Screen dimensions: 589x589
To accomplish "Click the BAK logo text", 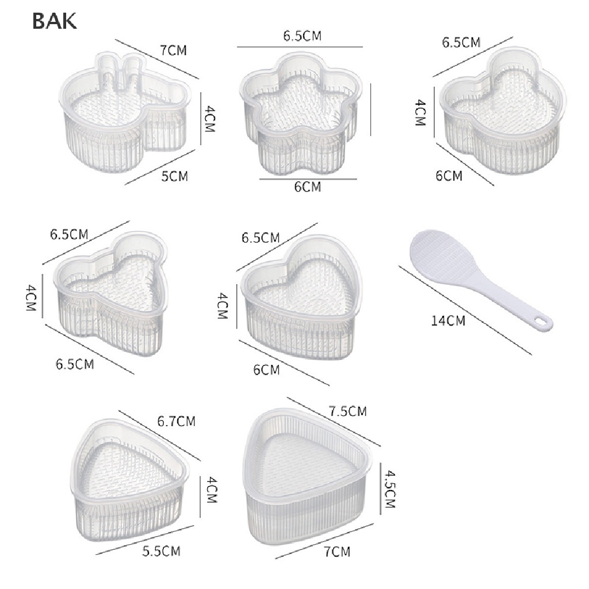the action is point(55,21).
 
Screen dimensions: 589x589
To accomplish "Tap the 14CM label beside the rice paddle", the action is point(448,321).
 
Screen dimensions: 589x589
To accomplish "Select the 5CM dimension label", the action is point(174,176).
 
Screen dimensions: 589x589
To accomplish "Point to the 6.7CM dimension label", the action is point(176,421).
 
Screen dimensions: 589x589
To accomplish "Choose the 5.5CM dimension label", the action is point(162,551).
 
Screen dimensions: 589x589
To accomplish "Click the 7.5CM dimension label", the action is point(348,411).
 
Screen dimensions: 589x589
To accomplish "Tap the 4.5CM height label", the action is point(390,489).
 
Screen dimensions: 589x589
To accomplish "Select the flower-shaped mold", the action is point(301,113).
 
